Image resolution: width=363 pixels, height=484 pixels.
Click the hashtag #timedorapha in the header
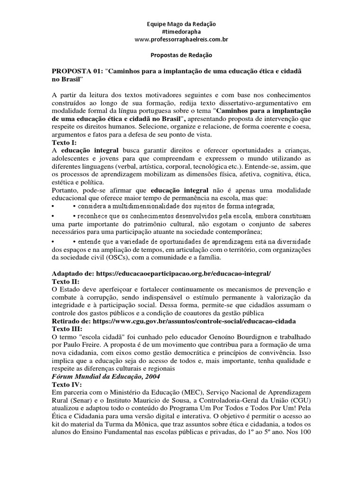click(181, 32)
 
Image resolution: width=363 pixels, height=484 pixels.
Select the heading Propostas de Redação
click(181, 55)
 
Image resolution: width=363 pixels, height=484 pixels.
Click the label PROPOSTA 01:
click(78, 70)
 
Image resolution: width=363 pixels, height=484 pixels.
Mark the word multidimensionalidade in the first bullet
click(134, 207)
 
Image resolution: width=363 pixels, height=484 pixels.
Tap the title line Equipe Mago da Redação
click(181, 24)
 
